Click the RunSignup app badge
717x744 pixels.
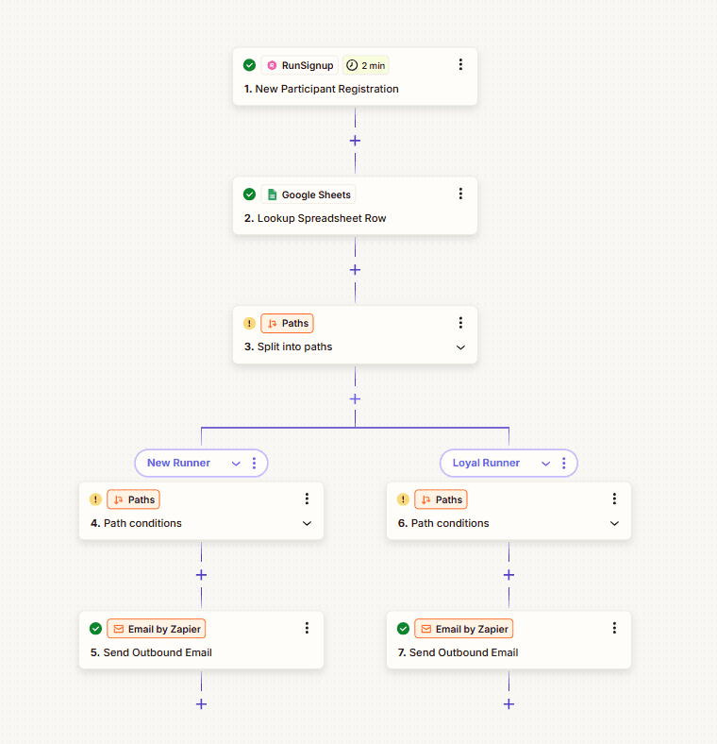pos(300,65)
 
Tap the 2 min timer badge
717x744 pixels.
pos(366,65)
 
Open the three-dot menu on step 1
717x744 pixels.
pos(460,64)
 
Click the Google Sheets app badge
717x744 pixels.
pos(308,194)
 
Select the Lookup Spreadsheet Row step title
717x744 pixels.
pos(315,218)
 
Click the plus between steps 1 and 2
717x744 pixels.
pos(355,141)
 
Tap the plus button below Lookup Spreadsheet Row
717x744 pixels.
pos(355,270)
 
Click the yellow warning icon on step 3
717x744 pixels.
pos(249,324)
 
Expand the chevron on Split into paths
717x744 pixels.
pos(460,347)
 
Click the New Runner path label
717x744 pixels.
pos(178,463)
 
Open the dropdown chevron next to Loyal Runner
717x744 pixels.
pos(546,464)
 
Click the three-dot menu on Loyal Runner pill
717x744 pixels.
pos(564,463)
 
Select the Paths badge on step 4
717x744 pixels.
pos(134,499)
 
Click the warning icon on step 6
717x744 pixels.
pos(403,499)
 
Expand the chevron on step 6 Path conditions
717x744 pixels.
pos(614,523)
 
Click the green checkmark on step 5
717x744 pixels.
pos(96,629)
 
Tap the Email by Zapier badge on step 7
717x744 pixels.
pos(464,629)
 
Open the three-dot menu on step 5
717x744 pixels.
pos(307,628)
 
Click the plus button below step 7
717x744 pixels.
pos(509,704)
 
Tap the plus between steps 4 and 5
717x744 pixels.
pos(202,575)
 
